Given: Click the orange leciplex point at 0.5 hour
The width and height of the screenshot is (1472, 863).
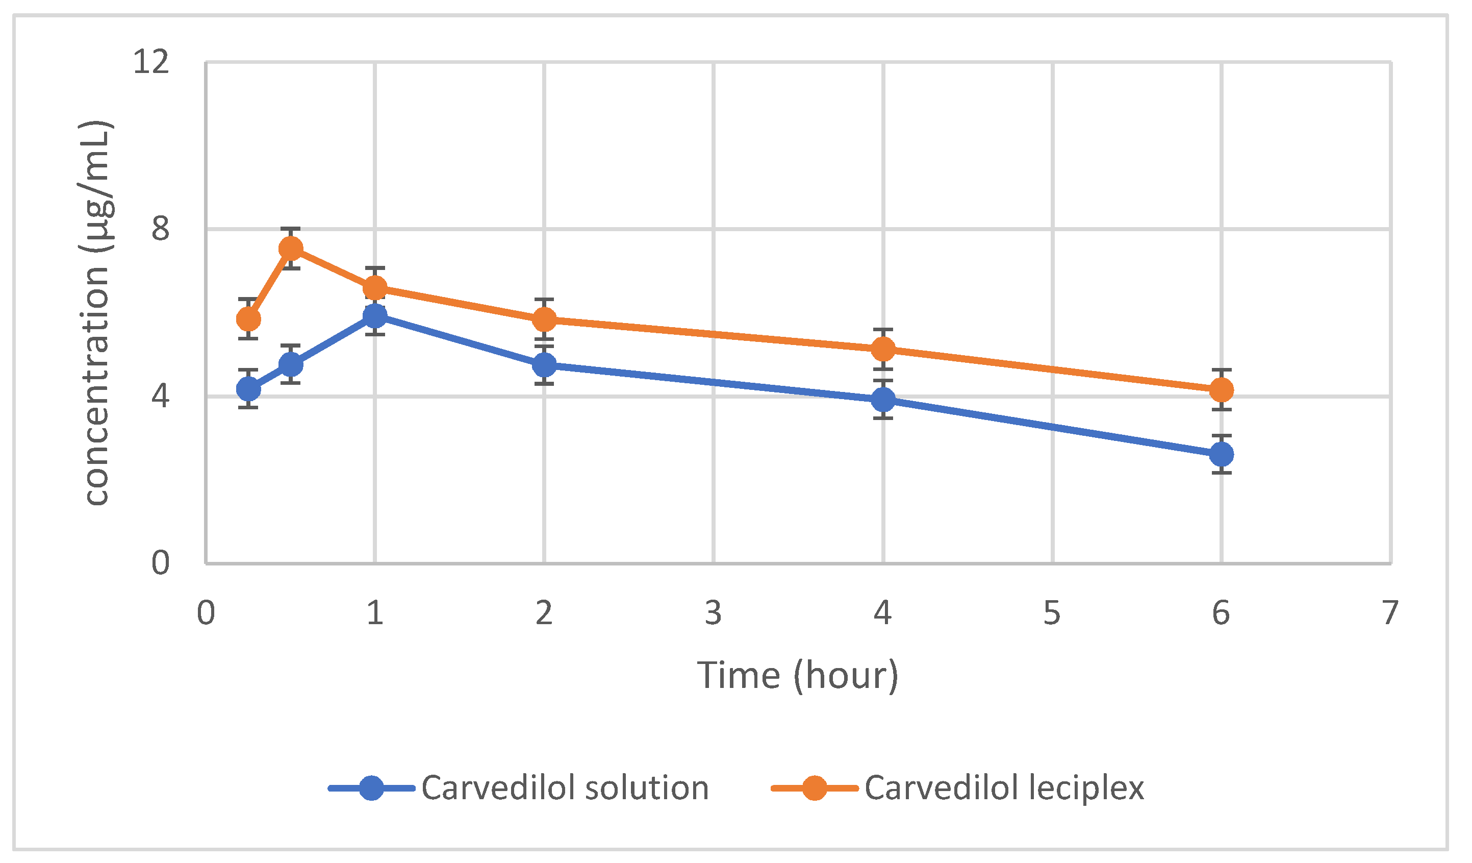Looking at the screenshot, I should point(291,249).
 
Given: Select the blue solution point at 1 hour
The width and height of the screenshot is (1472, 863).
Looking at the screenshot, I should point(375,316).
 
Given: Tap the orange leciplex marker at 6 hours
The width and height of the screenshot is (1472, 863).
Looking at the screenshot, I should point(1222,390).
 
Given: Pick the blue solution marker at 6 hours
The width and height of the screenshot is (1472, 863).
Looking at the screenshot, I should point(1222,454).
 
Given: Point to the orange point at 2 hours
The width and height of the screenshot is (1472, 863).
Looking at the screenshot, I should point(544,319).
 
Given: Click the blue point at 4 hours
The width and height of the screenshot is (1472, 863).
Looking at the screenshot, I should point(883,400).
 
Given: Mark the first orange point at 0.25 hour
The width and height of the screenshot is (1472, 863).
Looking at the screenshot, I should point(248,319).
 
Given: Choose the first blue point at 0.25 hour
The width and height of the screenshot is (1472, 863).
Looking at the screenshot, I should point(248,388).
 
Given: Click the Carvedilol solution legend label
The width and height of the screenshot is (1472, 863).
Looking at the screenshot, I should point(565,788).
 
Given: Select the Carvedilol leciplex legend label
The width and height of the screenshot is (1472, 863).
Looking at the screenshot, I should point(1004,788).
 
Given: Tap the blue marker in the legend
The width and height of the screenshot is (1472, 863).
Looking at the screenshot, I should point(371,788).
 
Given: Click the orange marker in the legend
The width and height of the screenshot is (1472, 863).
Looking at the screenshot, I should point(814,788).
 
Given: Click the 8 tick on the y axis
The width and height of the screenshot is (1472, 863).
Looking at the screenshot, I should point(161,229).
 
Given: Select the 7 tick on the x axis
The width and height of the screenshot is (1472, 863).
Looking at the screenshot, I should point(1391,613).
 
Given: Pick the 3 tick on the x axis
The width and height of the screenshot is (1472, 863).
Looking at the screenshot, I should point(713,613).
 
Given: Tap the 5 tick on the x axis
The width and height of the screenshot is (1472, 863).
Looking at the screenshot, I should point(1052,613).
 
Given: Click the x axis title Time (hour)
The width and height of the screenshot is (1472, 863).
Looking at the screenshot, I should point(797,676).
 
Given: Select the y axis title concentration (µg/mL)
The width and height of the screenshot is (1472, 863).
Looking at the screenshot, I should point(96,313).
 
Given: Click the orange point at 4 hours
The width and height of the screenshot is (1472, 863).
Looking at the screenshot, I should point(883,350).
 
